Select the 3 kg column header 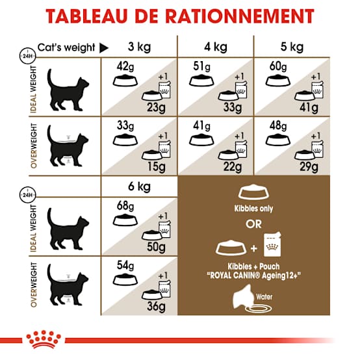pyautogui.click(x=139, y=47)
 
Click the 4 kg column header pyautogui.click(x=216, y=47)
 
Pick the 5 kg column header pyautogui.click(x=292, y=47)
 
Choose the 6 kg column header pyautogui.click(x=139, y=186)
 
